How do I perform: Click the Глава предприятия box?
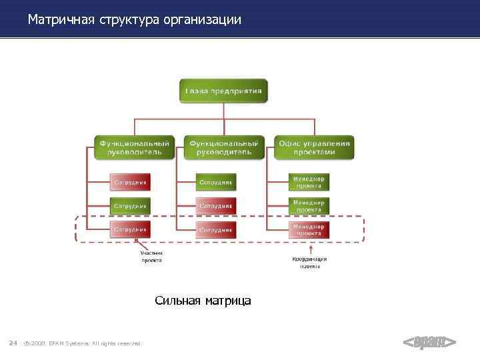[223, 91]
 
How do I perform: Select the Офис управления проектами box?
[313, 147]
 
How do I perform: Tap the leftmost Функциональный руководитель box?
[135, 147]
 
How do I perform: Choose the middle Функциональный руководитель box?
[223, 147]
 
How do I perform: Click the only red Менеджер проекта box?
[309, 229]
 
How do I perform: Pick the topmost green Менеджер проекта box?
[309, 181]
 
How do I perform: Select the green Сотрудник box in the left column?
[130, 205]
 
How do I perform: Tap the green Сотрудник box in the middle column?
[215, 181]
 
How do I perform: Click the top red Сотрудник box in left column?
[130, 181]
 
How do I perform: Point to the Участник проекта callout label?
[151, 256]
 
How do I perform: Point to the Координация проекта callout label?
[309, 262]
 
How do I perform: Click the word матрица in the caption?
[227, 301]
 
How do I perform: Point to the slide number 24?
[13, 343]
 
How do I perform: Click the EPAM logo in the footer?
[429, 343]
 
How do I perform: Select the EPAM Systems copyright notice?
[83, 343]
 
